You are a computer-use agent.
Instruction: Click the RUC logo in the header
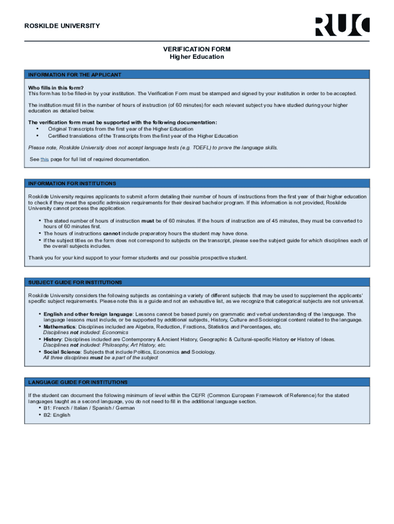click(342, 26)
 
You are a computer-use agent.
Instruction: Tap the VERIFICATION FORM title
click(197, 49)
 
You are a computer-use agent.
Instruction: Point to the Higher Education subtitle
click(197, 57)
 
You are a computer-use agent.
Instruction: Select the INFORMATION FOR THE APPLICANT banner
click(75, 75)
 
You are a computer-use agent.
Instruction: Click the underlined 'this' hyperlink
click(45, 159)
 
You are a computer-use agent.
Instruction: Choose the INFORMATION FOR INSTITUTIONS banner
click(72, 183)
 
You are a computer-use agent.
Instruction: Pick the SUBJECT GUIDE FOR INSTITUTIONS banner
click(75, 282)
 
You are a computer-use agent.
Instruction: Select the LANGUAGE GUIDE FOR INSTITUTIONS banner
click(78, 382)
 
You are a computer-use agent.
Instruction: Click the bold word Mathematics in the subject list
click(59, 326)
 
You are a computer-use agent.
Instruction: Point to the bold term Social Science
click(62, 352)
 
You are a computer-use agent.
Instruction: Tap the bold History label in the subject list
click(52, 339)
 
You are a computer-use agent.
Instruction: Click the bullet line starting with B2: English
click(57, 415)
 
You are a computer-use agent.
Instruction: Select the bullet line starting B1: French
click(89, 408)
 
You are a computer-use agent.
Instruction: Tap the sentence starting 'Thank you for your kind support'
click(138, 257)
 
